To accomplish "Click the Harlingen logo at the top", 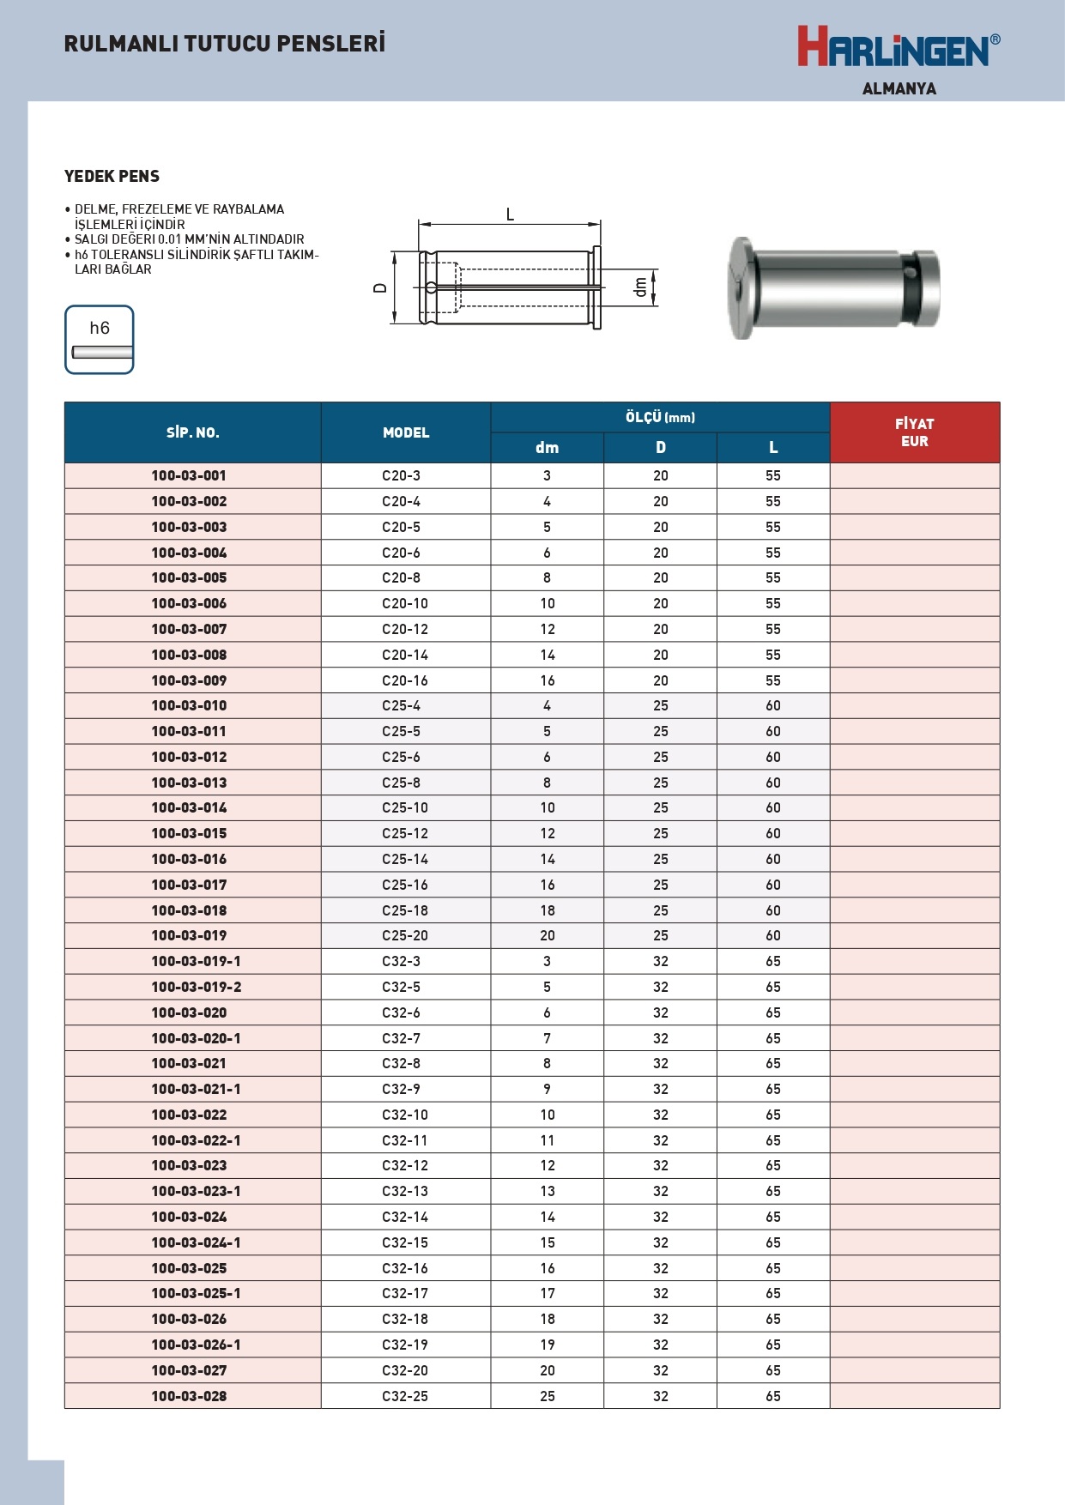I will point(898,47).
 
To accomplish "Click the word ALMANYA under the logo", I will point(899,89).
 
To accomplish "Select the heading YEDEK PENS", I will point(112,177).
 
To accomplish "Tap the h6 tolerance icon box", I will point(100,340).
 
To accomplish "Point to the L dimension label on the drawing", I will point(510,215).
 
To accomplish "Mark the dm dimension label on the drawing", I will point(640,287).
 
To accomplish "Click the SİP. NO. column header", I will point(192,432).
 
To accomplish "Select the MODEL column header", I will point(406,432).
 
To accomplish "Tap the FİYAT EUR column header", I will point(914,432).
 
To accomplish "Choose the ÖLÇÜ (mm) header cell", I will point(660,417).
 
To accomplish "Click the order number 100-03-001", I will point(189,475).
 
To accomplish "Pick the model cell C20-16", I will point(405,680).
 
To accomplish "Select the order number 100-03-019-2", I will point(196,987).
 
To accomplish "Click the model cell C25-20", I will point(405,935).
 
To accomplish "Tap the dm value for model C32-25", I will point(548,1396).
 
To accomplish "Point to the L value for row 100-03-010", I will point(773,705).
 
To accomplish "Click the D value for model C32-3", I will point(660,961).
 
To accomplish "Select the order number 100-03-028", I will point(189,1396).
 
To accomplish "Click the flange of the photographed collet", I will point(741,288).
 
